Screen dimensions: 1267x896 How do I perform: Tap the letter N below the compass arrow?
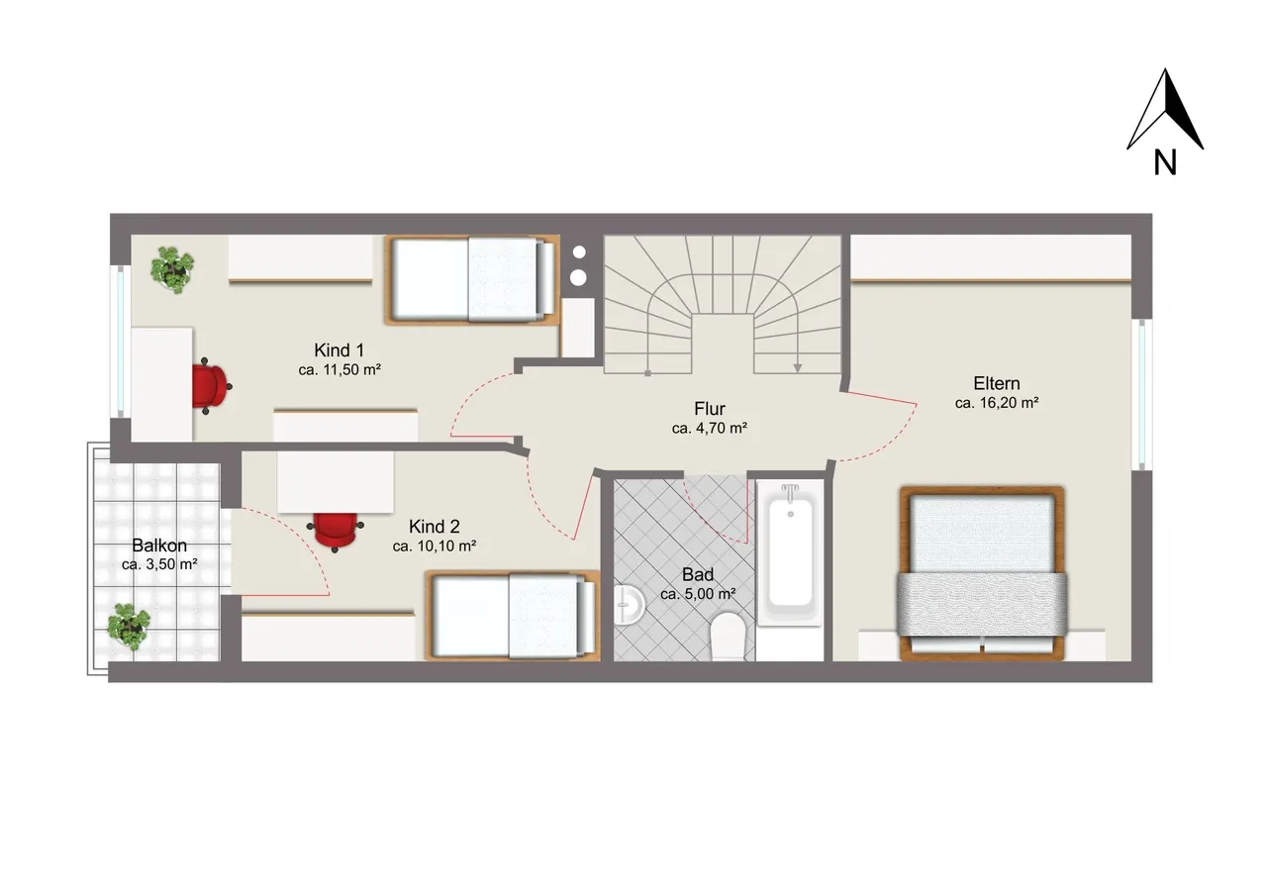(x=1165, y=162)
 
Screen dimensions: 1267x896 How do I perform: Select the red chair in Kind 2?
(x=336, y=531)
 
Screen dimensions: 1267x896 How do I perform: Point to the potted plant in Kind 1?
(x=172, y=270)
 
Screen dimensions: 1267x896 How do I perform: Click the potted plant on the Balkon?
(x=129, y=626)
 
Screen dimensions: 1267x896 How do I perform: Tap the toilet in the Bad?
(x=728, y=636)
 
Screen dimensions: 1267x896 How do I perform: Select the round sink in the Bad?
(x=629, y=604)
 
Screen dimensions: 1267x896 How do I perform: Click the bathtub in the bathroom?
(x=790, y=553)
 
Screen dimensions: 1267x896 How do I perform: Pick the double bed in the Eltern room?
(x=982, y=573)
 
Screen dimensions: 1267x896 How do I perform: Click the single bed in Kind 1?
(x=472, y=280)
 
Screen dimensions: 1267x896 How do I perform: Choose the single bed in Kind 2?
(x=513, y=616)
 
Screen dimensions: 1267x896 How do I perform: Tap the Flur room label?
(x=710, y=409)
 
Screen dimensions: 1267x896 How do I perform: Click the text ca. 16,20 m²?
(x=997, y=403)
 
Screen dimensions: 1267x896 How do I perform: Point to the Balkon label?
(x=159, y=546)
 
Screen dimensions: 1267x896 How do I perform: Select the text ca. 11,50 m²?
(x=340, y=370)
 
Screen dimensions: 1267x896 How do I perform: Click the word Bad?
(x=698, y=574)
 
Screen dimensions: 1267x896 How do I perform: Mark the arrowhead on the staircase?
(x=798, y=368)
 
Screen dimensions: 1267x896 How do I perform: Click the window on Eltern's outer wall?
(x=1142, y=394)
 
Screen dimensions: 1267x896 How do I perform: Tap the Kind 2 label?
(x=434, y=527)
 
